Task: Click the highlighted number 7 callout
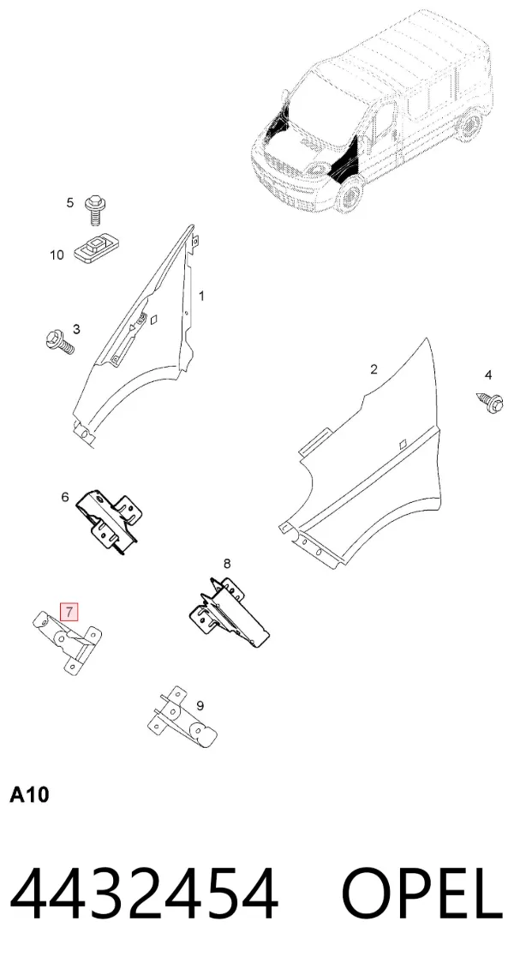coord(69,612)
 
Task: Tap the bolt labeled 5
coord(94,210)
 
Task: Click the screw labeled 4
coord(489,401)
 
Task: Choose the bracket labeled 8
coord(229,613)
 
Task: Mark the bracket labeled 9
coord(181,718)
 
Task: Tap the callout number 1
coord(201,296)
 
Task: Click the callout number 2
coord(374,369)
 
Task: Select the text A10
coord(29,795)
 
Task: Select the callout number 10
coord(57,255)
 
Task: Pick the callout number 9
coord(200,706)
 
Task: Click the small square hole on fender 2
coord(402,443)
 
